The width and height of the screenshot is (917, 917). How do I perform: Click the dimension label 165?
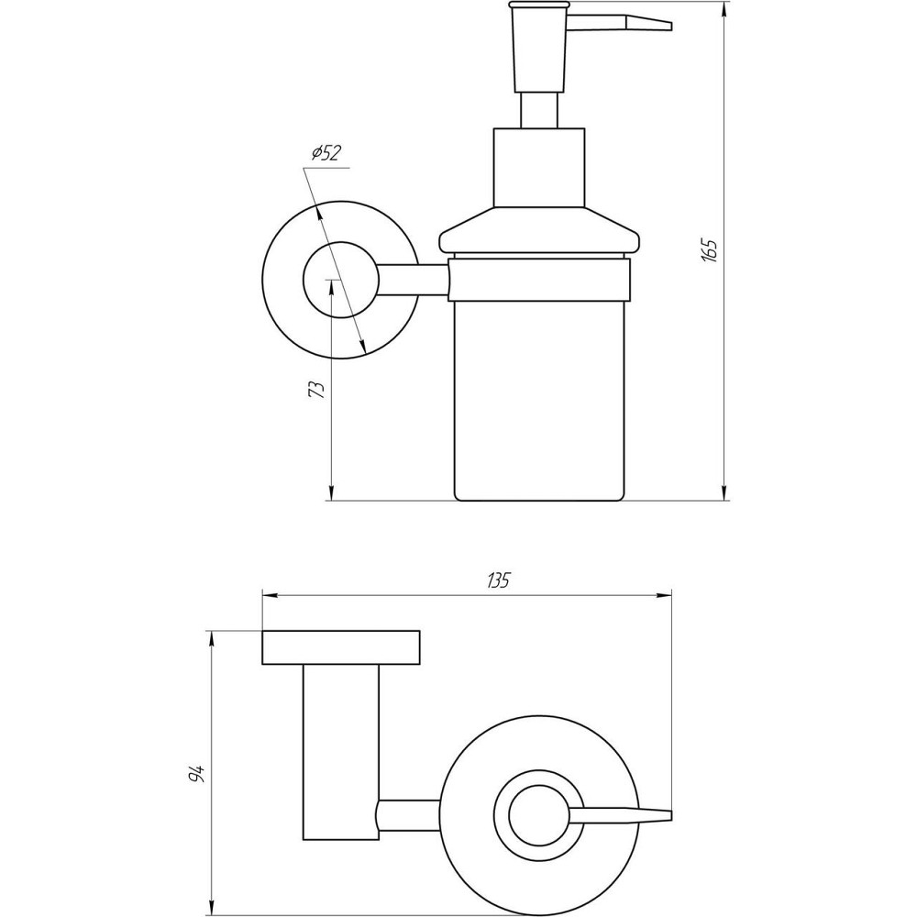click(x=709, y=250)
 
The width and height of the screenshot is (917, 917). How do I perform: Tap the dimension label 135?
click(x=498, y=580)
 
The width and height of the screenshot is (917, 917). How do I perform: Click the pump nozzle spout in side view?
click(x=624, y=21)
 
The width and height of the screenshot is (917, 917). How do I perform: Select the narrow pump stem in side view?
click(x=539, y=109)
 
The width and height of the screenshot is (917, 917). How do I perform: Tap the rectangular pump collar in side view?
click(x=539, y=167)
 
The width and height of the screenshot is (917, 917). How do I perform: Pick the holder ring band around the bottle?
click(x=539, y=280)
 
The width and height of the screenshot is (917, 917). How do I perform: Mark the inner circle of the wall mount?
click(x=339, y=280)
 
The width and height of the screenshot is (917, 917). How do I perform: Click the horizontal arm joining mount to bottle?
click(x=413, y=280)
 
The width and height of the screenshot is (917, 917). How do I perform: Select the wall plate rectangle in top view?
click(x=341, y=647)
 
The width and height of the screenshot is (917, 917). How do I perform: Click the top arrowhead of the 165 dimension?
click(x=726, y=11)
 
